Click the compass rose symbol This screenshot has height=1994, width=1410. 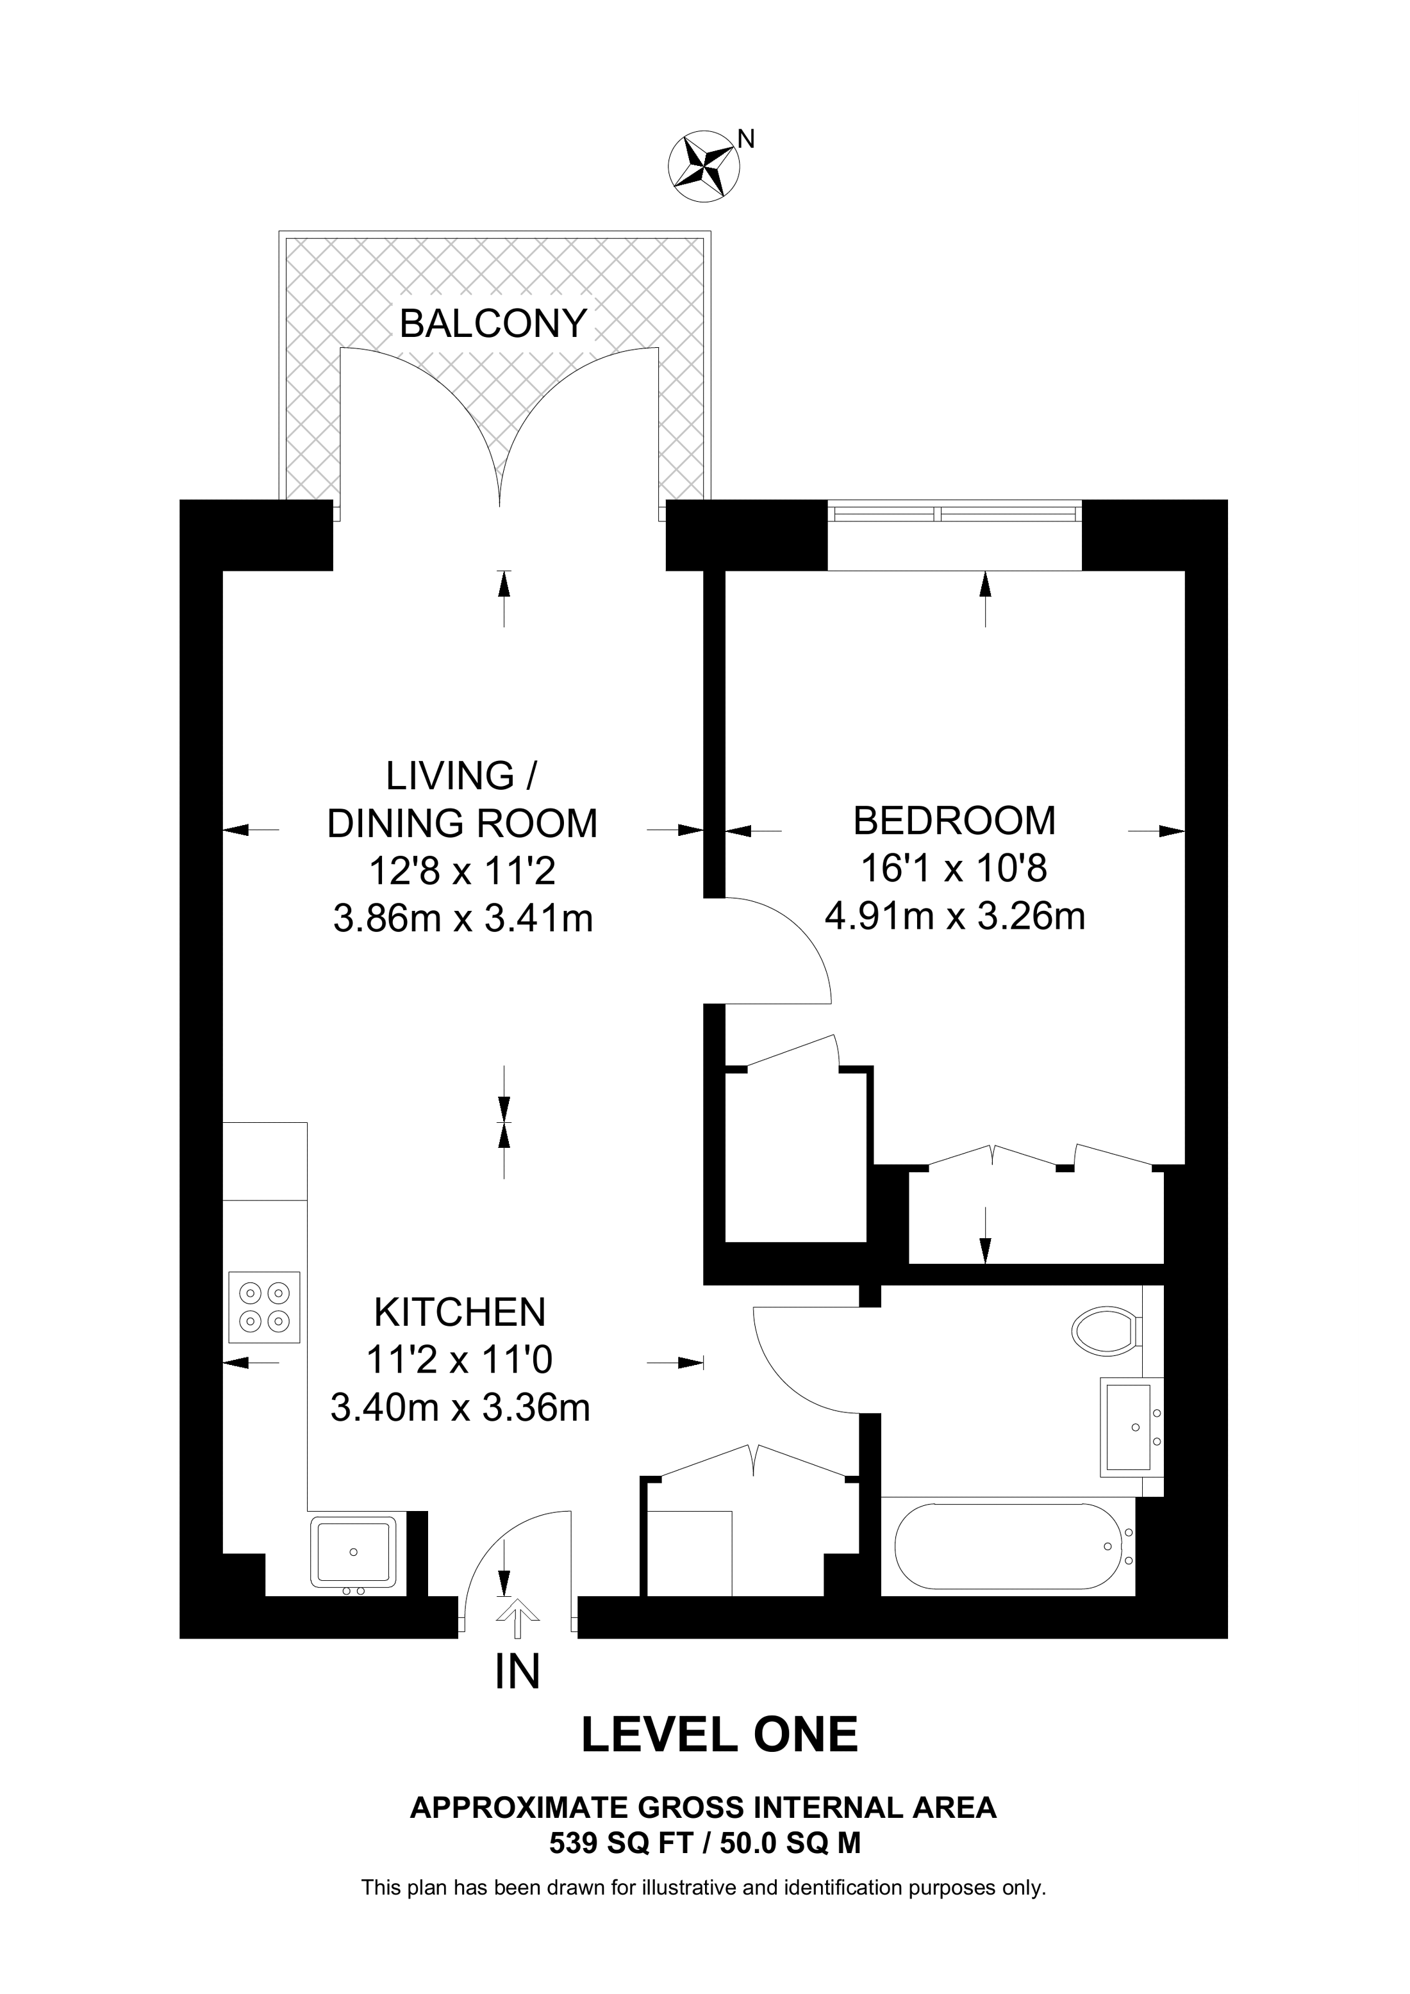(703, 166)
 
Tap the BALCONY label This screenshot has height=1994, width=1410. (493, 324)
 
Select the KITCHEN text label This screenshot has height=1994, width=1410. (460, 1312)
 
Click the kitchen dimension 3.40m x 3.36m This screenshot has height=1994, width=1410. (460, 1408)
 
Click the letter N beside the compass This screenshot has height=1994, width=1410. (745, 138)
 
